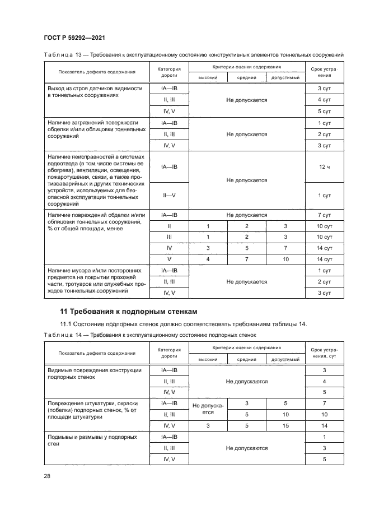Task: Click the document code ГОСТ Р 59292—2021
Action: tap(74, 38)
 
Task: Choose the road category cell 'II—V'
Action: tap(169, 195)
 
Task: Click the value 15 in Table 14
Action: tap(285, 426)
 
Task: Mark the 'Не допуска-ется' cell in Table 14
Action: tap(208, 409)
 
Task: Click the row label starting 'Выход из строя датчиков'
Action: tap(95, 92)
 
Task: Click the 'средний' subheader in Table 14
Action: tap(246, 359)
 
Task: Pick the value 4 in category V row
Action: tap(208, 259)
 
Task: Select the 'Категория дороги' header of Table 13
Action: tap(169, 71)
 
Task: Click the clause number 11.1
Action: tap(67, 324)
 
